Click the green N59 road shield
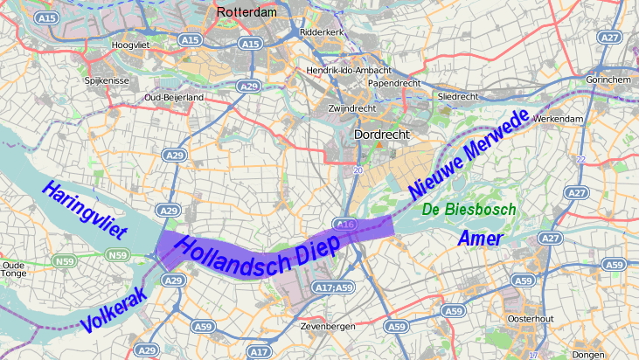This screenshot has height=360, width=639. pyautogui.click(x=116, y=255)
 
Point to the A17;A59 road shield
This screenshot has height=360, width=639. pyautogui.click(x=333, y=287)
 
